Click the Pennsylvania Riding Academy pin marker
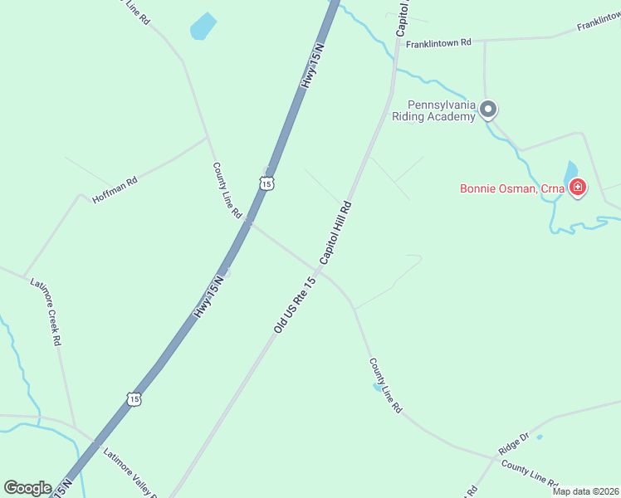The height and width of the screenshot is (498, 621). coord(489,109)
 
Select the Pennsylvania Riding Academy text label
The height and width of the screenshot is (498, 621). coord(441,110)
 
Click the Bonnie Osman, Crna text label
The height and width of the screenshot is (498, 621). coord(512,188)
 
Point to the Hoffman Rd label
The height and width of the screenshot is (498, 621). coord(115,191)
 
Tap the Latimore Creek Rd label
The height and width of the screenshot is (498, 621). coord(46,311)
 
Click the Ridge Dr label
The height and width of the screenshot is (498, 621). coord(513,443)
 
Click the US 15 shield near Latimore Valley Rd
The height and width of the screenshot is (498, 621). coord(134,399)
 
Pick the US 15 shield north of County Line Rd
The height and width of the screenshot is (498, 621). coord(264,183)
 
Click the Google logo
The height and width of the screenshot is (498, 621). coord(27,487)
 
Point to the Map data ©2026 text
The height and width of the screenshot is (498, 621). coord(584,491)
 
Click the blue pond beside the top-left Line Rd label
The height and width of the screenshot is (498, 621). coord(203,27)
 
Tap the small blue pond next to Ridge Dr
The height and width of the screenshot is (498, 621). coord(540,437)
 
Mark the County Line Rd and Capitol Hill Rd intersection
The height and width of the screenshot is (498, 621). coord(320,269)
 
